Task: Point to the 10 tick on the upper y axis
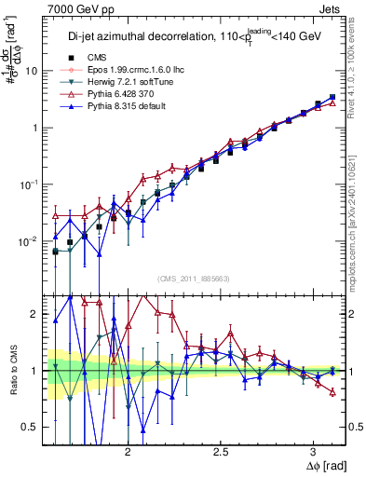[31, 71]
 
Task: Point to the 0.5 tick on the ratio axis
[29, 427]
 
